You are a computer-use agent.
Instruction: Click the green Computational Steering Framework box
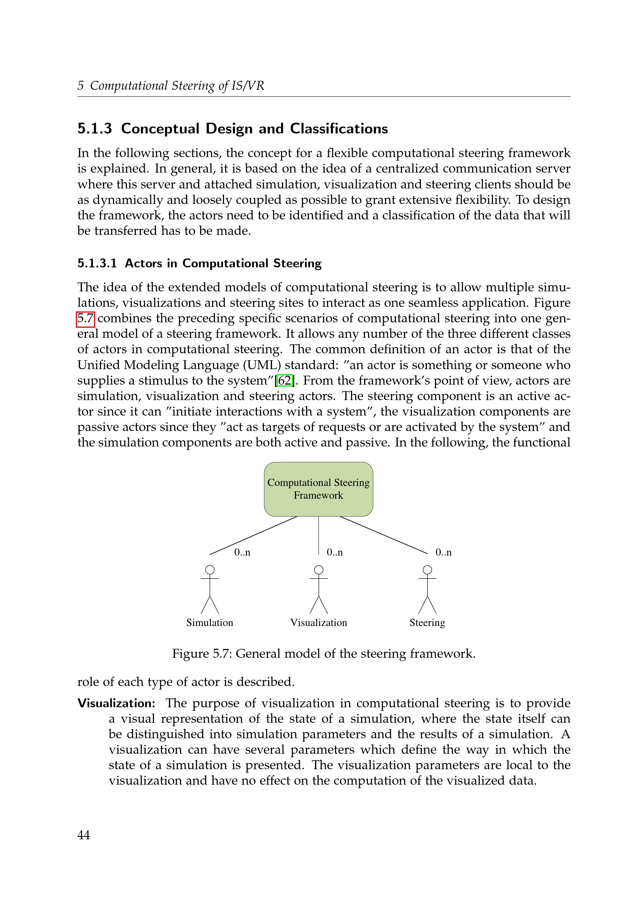[318, 489]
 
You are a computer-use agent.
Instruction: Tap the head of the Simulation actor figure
[210, 570]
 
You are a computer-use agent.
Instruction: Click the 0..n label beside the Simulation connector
[242, 552]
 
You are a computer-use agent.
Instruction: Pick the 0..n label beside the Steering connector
[443, 552]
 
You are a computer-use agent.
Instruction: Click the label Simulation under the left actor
[210, 623]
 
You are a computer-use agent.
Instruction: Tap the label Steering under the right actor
[427, 623]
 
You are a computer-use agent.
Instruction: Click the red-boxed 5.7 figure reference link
[86, 318]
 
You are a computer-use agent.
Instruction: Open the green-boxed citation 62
[284, 380]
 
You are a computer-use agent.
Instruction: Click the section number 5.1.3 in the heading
[94, 129]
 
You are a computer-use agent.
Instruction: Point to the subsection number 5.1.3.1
[97, 263]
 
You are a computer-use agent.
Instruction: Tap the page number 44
[84, 835]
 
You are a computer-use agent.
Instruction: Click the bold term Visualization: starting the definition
[116, 703]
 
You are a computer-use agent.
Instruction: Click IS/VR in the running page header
[248, 86]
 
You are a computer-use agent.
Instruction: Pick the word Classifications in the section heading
[339, 129]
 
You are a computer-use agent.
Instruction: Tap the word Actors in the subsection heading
[144, 263]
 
